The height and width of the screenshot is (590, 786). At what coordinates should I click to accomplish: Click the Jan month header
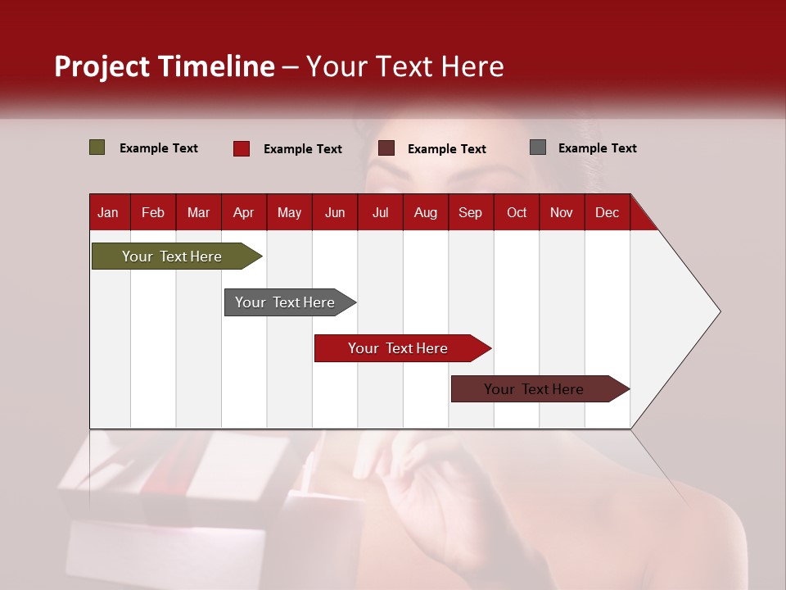click(x=108, y=212)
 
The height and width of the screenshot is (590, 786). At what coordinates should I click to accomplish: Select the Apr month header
click(x=243, y=212)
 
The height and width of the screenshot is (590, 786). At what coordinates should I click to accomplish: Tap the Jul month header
click(x=380, y=212)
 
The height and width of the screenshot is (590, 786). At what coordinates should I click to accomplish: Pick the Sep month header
click(x=470, y=212)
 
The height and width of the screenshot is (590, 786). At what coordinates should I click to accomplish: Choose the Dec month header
click(x=607, y=212)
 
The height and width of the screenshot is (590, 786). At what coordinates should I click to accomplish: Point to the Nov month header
click(x=561, y=212)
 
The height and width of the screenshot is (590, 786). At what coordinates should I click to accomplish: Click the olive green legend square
click(x=97, y=147)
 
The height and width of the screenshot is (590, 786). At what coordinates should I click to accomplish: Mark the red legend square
click(x=241, y=148)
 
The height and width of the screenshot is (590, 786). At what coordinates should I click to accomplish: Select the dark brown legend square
click(x=386, y=148)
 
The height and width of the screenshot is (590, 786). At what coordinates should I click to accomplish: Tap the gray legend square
click(x=538, y=147)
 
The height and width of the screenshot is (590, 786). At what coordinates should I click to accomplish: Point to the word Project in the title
click(x=102, y=66)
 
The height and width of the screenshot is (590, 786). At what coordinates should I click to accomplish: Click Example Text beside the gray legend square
click(x=597, y=148)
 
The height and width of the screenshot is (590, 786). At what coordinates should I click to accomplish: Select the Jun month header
click(x=334, y=212)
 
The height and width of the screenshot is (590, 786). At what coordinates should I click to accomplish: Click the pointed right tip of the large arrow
click(x=718, y=311)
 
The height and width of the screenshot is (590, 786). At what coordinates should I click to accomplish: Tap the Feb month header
click(x=152, y=212)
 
